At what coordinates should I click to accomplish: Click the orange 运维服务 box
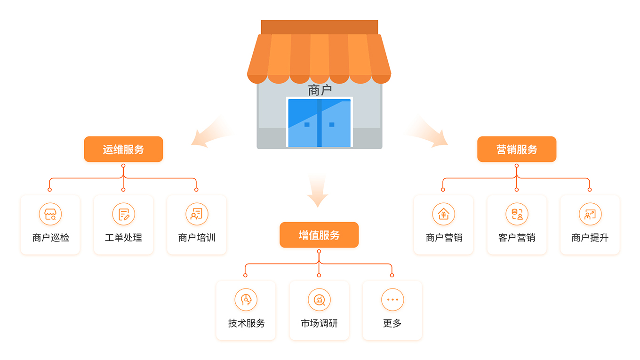point(123,149)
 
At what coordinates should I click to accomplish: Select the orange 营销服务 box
point(517,149)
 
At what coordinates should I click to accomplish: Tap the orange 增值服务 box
point(319,235)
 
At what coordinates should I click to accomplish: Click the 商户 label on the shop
point(320,90)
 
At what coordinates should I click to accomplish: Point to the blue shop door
point(320,123)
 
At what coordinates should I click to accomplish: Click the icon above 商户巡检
point(50,214)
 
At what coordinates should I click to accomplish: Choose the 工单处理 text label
point(123,238)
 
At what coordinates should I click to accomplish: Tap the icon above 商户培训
point(197,214)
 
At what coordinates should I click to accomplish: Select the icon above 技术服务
point(246,300)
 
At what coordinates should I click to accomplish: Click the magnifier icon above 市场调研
point(319,300)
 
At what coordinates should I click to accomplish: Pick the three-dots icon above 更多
point(392,300)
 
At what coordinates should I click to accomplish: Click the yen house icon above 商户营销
point(443,214)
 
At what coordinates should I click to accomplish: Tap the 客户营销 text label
point(517,238)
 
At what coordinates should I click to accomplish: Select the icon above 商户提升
point(590,214)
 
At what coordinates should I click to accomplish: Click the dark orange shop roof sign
point(320,27)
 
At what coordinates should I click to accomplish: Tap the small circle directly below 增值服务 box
point(319,251)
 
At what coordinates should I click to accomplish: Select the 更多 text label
point(392,323)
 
